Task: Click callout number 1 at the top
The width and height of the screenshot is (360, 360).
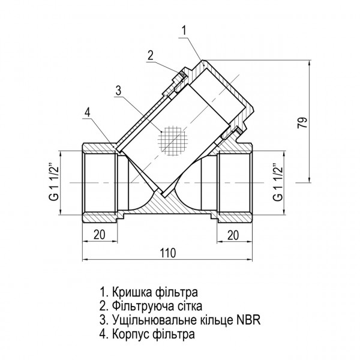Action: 184,28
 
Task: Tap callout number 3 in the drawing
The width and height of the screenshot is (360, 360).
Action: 118,91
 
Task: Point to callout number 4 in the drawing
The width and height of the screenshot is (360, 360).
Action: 88,112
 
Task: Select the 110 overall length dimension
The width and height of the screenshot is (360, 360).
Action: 169,253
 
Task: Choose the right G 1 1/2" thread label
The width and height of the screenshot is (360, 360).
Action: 277,181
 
